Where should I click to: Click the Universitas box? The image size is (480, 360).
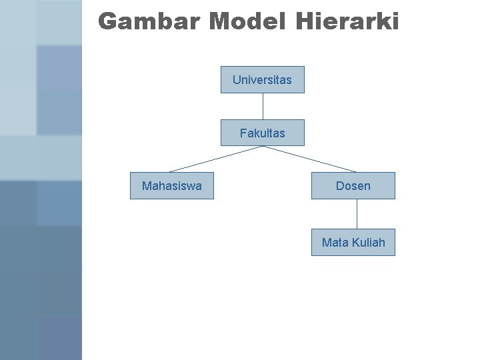pos(262,79)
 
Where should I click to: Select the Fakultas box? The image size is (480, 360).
pos(262,133)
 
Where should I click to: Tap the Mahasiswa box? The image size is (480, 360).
pos(171,186)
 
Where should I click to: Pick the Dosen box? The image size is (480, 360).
pos(353,186)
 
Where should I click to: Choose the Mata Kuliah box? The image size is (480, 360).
pos(353,243)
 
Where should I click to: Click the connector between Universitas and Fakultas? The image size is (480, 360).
pos(263,106)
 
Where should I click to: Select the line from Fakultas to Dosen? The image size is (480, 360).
pos(309,159)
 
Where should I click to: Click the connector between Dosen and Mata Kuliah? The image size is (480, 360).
pos(357,214)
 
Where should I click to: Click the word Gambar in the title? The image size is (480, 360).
pos(149,22)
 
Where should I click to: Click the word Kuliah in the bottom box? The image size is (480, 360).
pos(368,243)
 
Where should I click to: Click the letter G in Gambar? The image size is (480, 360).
pos(108,22)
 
